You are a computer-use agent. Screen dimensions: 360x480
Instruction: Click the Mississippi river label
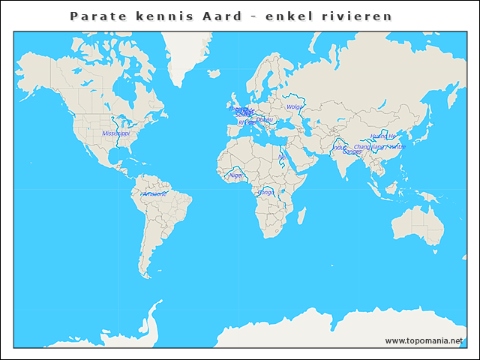pyautogui.click(x=115, y=133)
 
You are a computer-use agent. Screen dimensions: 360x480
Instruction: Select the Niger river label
pyautogui.click(x=236, y=175)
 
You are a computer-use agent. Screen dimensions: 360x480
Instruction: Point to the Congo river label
pyautogui.click(x=265, y=192)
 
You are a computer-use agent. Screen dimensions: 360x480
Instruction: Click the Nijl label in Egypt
pyautogui.click(x=282, y=157)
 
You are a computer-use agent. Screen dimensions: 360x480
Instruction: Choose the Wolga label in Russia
pyautogui.click(x=294, y=106)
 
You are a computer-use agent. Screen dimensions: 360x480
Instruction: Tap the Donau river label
pyautogui.click(x=264, y=119)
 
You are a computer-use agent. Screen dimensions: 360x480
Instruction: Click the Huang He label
pyautogui.click(x=382, y=136)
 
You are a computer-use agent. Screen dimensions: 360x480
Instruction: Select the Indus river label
pyautogui.click(x=339, y=148)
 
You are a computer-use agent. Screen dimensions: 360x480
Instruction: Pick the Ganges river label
pyautogui.click(x=351, y=151)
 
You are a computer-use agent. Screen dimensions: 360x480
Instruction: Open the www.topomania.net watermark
pyautogui.click(x=424, y=340)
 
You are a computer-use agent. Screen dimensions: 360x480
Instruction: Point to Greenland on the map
pyautogui.click(x=187, y=52)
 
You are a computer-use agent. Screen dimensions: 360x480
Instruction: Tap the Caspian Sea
pyautogui.click(x=307, y=127)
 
